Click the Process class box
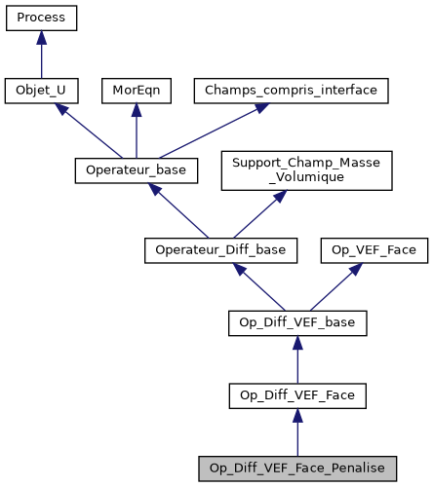click(41, 19)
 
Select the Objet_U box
click(41, 91)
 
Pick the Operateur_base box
click(137, 170)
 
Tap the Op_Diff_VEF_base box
click(296, 322)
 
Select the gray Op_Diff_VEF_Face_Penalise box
click(296, 467)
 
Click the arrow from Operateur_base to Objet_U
click(88, 131)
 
